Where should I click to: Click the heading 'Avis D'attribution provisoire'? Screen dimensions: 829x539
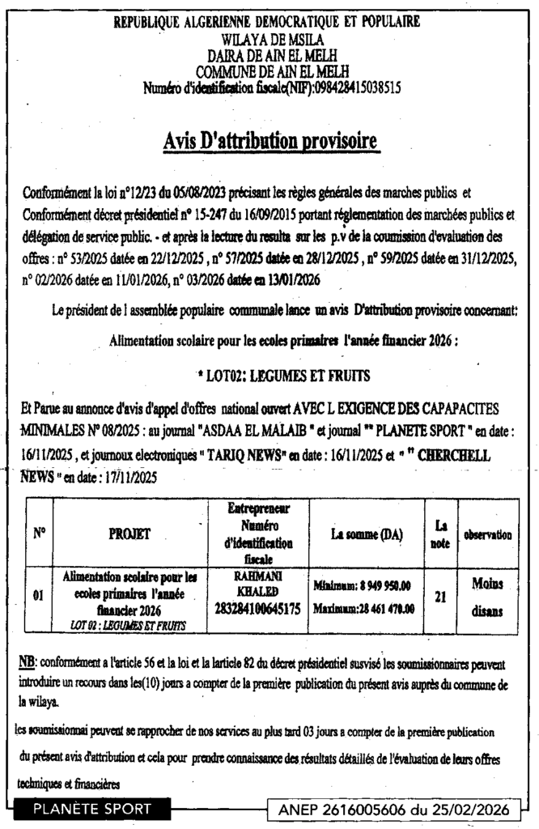(269, 142)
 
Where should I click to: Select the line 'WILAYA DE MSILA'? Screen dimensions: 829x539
(266, 39)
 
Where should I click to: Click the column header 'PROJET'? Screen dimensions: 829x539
(129, 534)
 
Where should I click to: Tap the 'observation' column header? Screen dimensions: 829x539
(486, 535)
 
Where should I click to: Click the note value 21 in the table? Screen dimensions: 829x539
(440, 597)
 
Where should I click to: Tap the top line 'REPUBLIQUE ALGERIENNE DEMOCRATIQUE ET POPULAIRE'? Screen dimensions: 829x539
(266, 23)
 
